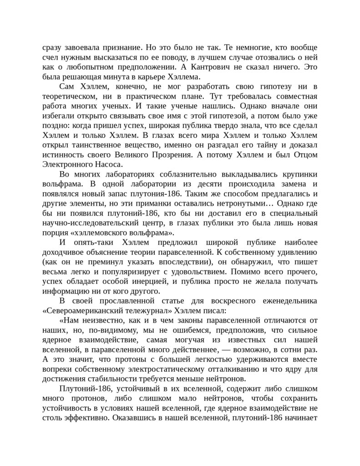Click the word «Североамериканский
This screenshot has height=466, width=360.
[x=86, y=311]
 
